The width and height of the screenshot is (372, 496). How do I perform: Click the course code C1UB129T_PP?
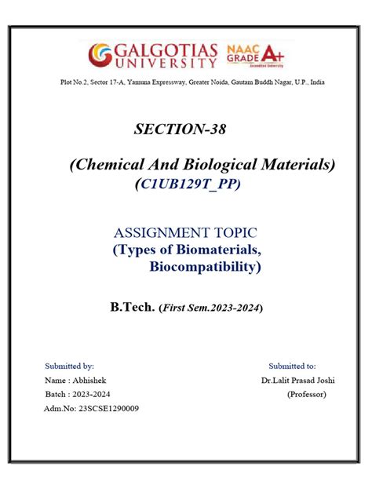(x=188, y=184)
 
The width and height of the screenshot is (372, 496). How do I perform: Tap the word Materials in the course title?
(x=296, y=164)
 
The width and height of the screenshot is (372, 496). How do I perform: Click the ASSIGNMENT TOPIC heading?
(x=186, y=232)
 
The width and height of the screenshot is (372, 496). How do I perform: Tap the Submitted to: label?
(x=292, y=366)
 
